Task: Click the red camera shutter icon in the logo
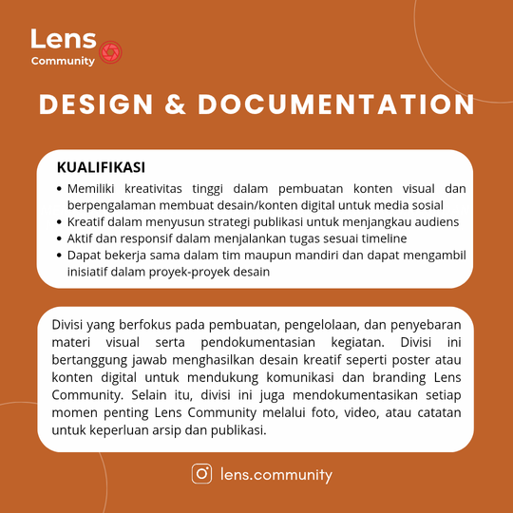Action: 110,50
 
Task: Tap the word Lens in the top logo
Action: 63,39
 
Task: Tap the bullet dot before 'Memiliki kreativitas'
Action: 60,187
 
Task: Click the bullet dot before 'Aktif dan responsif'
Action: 60,238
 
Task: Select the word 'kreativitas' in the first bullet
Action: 162,187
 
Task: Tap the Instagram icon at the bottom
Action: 201,473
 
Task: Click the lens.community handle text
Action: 275,473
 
